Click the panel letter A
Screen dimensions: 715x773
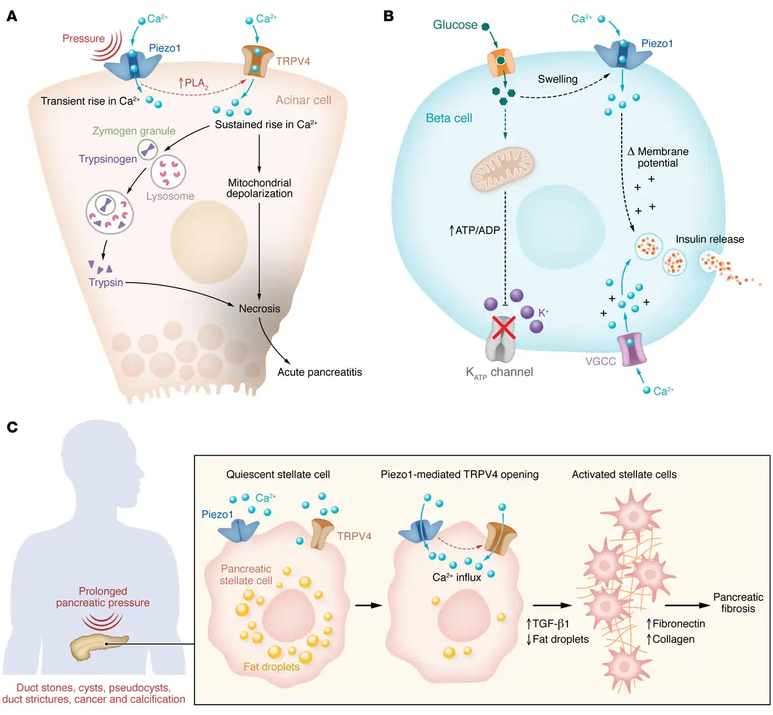pos(12,15)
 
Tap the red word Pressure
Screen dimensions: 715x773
pos(83,39)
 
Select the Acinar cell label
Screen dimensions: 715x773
pos(303,100)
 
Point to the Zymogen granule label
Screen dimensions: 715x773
pos(133,131)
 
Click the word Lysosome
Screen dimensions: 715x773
pos(170,196)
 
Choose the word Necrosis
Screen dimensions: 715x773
pos(260,308)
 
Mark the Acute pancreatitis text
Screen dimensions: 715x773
pos(320,372)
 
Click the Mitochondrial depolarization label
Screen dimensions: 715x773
pos(260,188)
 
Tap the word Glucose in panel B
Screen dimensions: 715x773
pos(455,24)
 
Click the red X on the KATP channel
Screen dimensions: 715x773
pos(504,327)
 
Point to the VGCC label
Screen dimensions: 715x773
pos(600,361)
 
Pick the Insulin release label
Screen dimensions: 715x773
pos(709,239)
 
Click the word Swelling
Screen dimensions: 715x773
pos(557,79)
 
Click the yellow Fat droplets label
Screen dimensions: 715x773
pos(271,667)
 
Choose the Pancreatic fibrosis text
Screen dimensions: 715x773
pos(738,603)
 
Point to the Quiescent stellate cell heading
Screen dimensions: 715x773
pos(278,475)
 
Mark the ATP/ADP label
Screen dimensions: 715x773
pos(475,230)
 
